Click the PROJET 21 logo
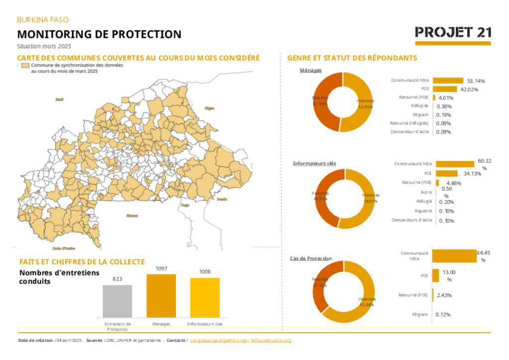point(453,33)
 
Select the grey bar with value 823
point(117,300)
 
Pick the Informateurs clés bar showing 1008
point(205,297)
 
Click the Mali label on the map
point(60,99)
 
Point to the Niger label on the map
point(209,107)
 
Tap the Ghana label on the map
point(132,215)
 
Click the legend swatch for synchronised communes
point(25,65)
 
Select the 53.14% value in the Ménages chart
point(476,81)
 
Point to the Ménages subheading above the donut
point(311,70)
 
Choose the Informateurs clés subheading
point(314,163)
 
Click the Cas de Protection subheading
point(311,259)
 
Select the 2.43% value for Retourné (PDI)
point(444,295)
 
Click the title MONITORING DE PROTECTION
point(99,34)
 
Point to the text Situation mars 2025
point(44,46)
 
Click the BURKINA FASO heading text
point(43,20)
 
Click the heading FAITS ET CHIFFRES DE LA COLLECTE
point(82,262)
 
